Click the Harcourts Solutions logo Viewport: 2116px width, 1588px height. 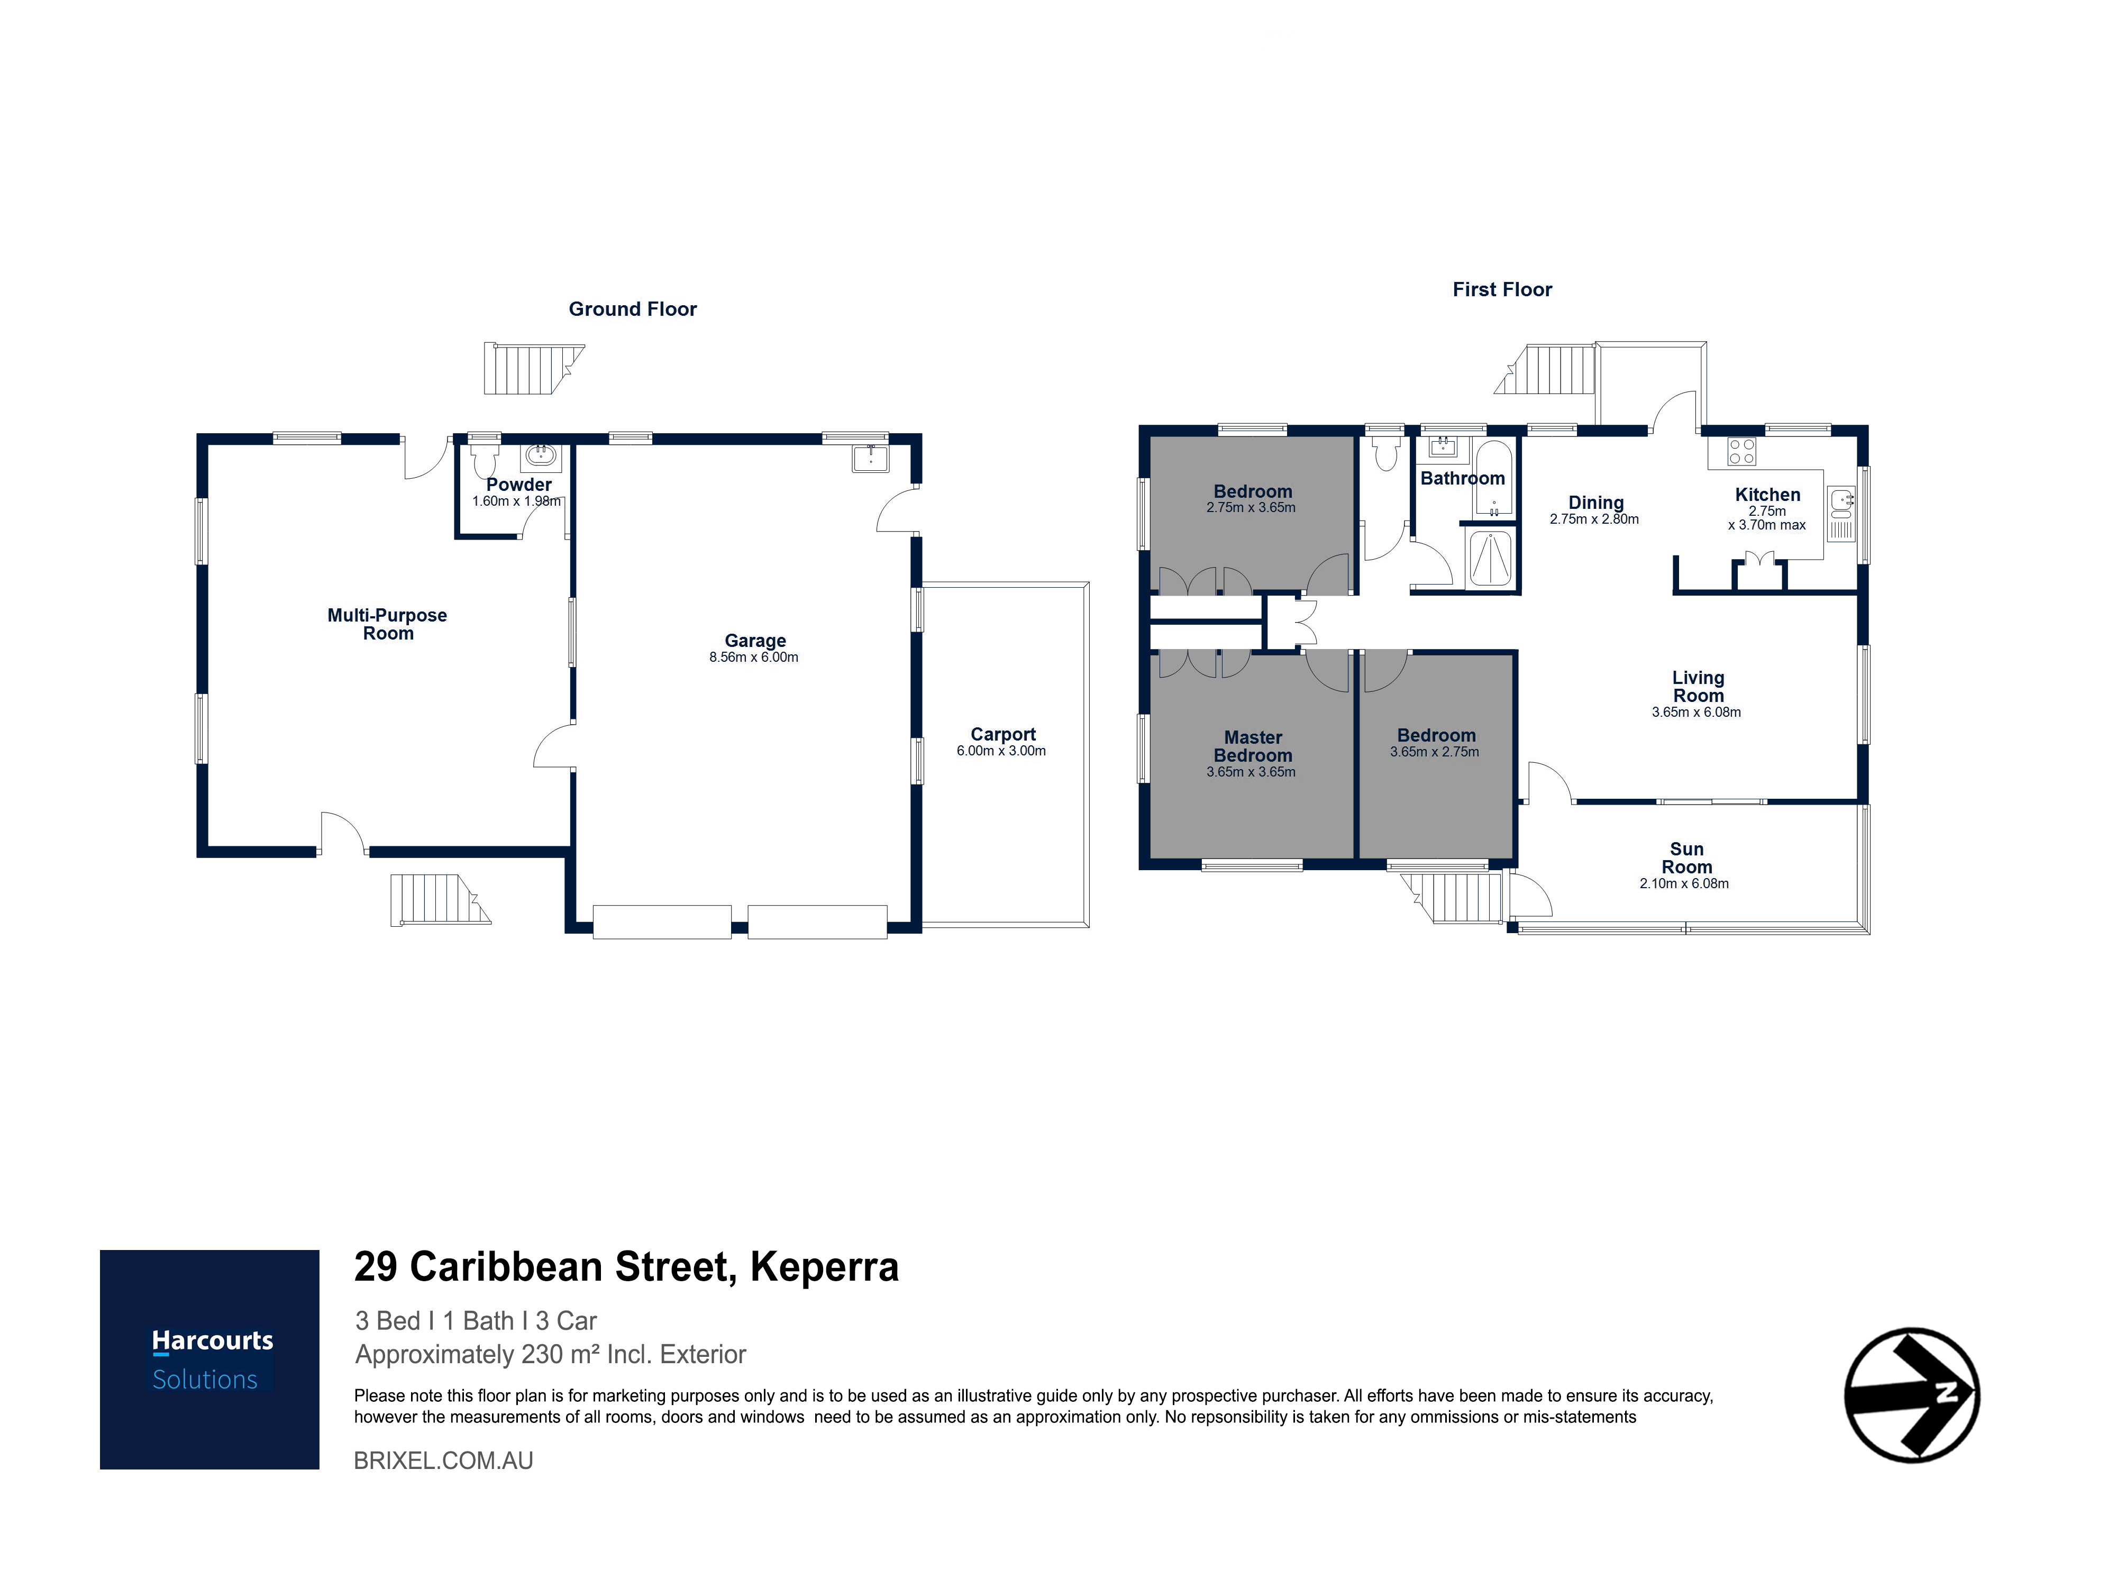point(209,1359)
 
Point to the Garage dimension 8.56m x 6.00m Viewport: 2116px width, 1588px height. point(754,657)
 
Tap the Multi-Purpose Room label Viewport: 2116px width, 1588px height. point(387,624)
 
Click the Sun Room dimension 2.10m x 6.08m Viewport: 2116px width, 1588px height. point(1684,884)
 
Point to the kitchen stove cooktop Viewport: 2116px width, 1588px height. point(1742,452)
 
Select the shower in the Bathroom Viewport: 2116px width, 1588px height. point(1490,558)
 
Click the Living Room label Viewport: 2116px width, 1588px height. point(1698,686)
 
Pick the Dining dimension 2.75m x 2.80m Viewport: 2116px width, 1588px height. point(1594,519)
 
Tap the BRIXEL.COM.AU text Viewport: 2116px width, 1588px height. point(444,1461)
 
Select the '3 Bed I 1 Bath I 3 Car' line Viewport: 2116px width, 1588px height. point(476,1321)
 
